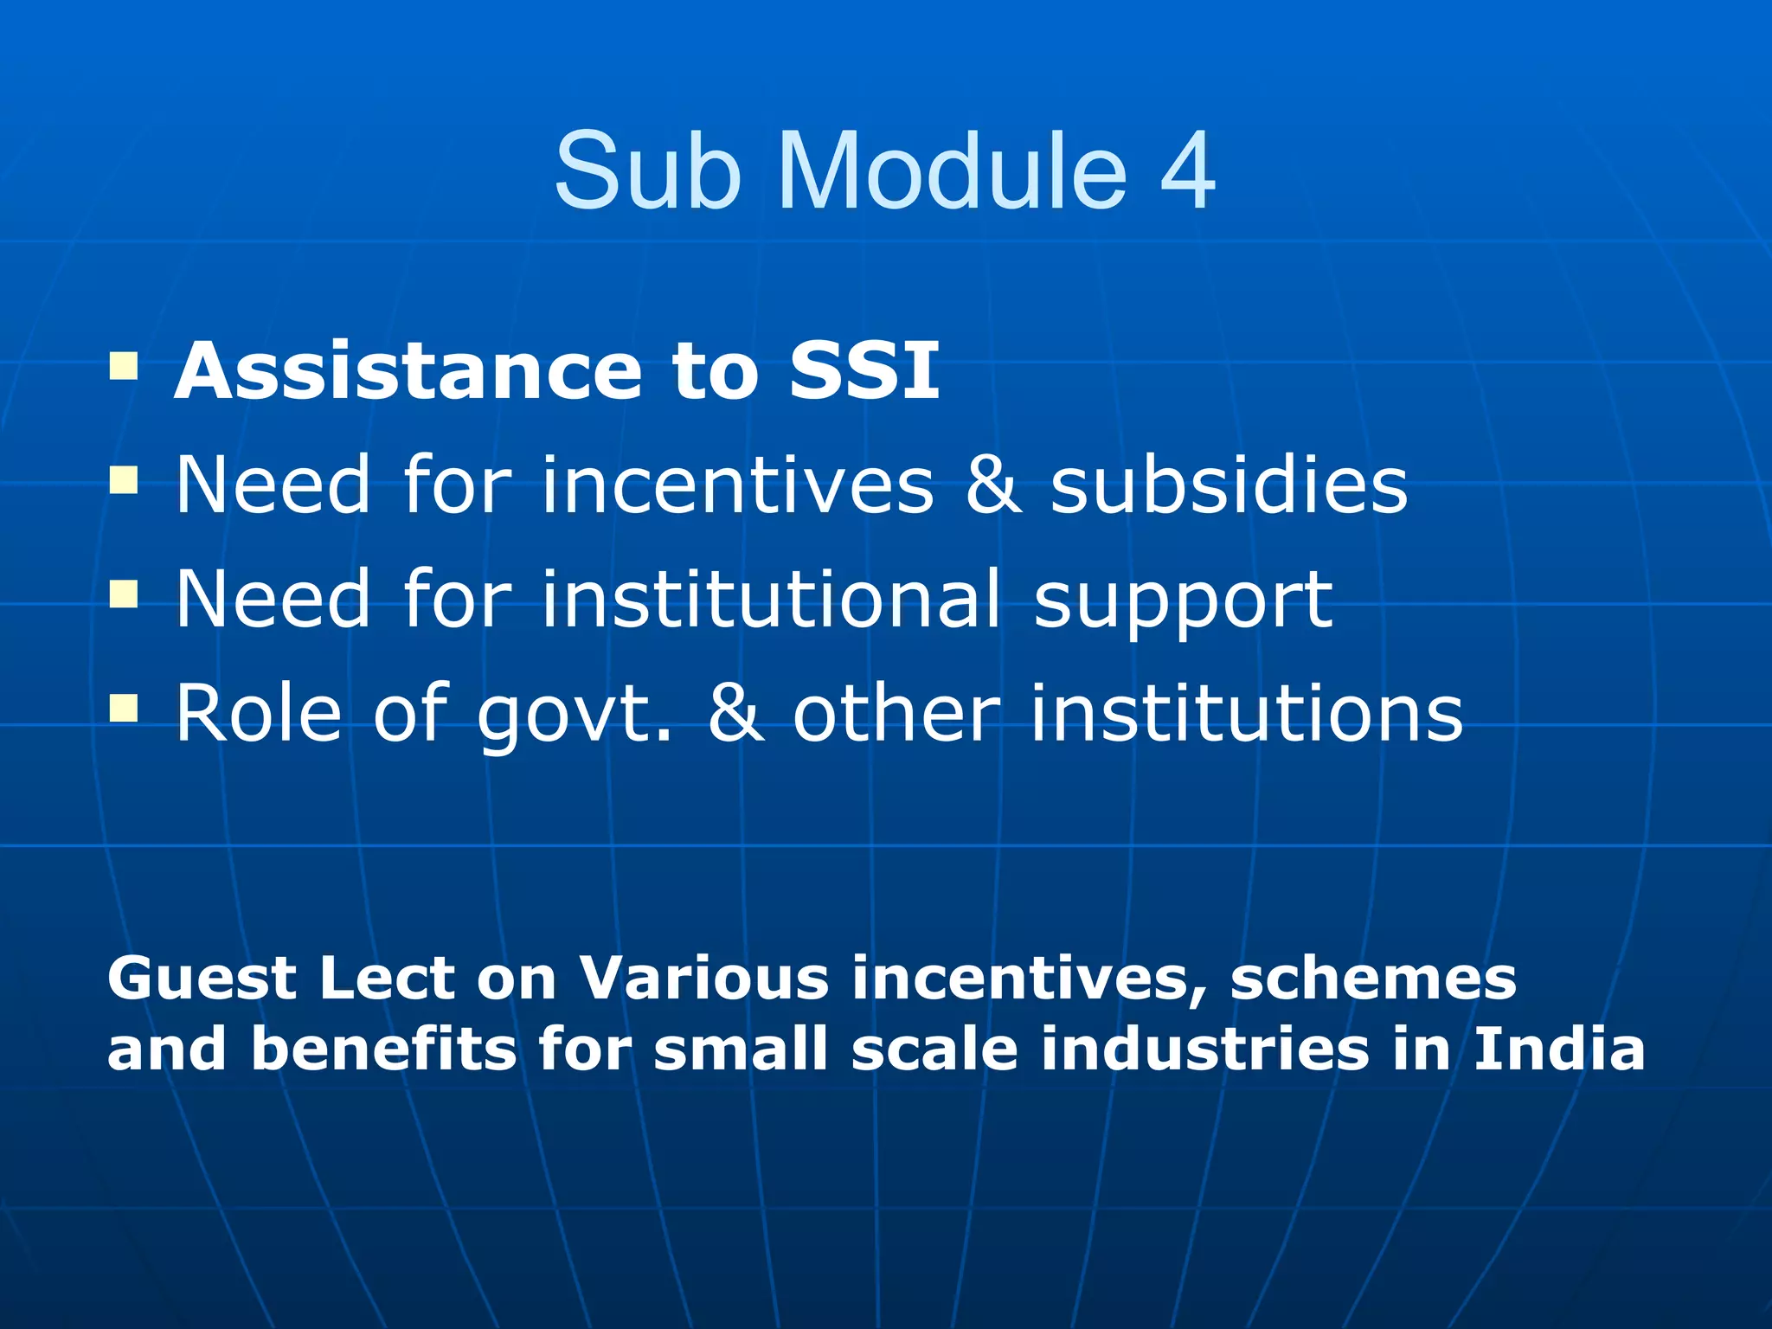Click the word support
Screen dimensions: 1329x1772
(1183, 602)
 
